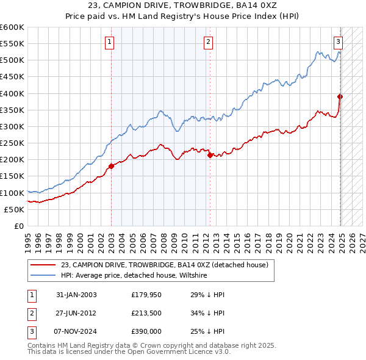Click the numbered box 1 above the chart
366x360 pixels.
109,42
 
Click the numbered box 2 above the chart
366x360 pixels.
208,42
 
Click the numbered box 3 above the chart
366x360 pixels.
338,42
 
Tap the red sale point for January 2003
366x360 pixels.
112,166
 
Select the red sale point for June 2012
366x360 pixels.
210,155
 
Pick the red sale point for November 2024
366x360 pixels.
340,96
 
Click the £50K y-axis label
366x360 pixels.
14,209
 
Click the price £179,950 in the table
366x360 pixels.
146,295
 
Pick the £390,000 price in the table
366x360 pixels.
146,331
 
